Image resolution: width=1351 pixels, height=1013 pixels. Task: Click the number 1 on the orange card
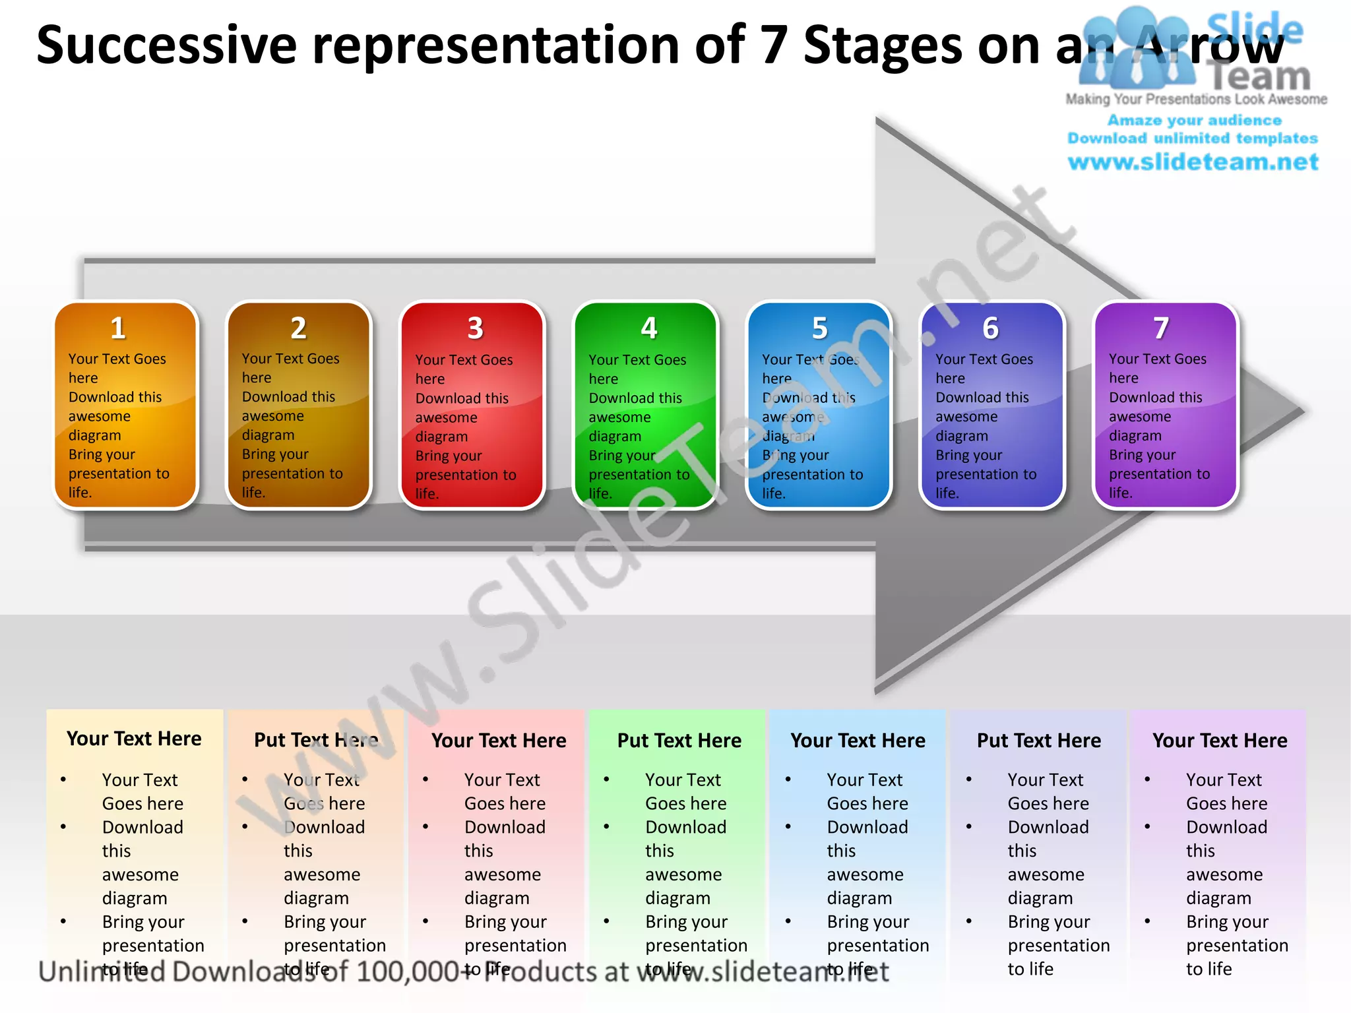(x=118, y=328)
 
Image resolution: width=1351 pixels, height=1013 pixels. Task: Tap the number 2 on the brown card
(x=299, y=328)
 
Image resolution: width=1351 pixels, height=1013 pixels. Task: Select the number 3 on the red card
(x=476, y=328)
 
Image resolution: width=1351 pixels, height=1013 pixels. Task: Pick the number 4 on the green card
(x=649, y=328)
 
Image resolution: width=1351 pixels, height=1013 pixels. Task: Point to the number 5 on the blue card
(x=820, y=328)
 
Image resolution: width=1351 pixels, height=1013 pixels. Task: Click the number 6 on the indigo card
(x=991, y=328)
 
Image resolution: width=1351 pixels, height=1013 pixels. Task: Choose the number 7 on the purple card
(x=1161, y=328)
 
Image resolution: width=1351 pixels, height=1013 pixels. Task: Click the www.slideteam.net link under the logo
(x=1193, y=162)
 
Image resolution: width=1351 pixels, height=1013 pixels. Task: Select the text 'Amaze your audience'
(x=1194, y=120)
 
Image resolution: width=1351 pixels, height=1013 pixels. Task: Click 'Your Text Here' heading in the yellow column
(x=134, y=739)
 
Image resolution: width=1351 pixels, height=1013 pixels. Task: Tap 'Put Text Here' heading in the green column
(x=679, y=741)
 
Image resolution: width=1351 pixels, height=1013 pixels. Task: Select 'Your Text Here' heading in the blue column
(x=858, y=741)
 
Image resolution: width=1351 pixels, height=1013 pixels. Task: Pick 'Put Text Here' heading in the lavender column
(x=1038, y=741)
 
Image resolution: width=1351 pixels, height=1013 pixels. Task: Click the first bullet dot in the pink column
(x=425, y=780)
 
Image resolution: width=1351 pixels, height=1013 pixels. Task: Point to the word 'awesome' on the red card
(x=447, y=417)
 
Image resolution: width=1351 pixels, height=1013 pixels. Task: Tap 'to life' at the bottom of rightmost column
(x=1209, y=969)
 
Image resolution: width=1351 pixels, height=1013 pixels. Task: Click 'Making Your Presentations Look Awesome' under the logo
(x=1196, y=100)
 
